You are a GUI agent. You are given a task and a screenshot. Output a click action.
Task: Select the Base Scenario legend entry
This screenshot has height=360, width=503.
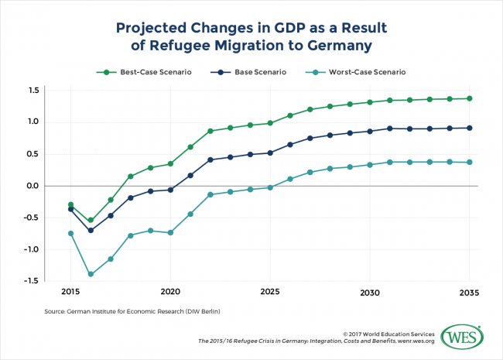click(x=250, y=72)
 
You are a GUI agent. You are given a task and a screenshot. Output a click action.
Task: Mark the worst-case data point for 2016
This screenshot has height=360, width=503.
click(x=91, y=274)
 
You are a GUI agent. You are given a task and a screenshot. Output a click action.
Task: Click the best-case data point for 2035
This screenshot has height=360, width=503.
click(x=469, y=98)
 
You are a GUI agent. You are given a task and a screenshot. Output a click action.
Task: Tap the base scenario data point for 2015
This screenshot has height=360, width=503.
click(x=70, y=209)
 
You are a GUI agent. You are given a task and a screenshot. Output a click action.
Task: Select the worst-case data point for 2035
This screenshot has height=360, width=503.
click(x=469, y=162)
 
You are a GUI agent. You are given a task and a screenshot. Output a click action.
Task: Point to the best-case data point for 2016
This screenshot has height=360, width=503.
click(x=91, y=220)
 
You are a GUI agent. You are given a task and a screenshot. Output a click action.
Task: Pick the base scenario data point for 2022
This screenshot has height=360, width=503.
click(x=210, y=159)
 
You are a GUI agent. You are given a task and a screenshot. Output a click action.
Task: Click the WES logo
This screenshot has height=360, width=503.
click(x=461, y=337)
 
